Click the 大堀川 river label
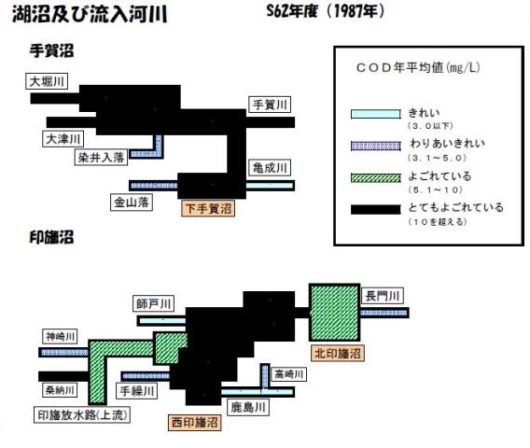(47, 81)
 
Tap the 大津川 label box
(63, 139)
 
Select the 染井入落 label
(101, 157)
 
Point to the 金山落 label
(132, 203)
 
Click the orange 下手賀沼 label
(208, 208)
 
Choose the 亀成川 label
(270, 167)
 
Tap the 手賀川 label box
(270, 105)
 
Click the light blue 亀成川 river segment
(270, 186)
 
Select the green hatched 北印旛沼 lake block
(335, 313)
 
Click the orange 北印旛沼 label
(338, 354)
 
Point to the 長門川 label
(383, 296)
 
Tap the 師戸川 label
(153, 303)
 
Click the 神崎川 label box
(60, 336)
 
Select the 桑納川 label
(60, 390)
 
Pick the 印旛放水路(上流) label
(82, 414)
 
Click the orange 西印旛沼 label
(195, 422)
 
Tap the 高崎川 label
(288, 374)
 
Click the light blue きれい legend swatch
(375, 114)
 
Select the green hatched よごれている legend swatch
(375, 178)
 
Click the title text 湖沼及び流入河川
(90, 14)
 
